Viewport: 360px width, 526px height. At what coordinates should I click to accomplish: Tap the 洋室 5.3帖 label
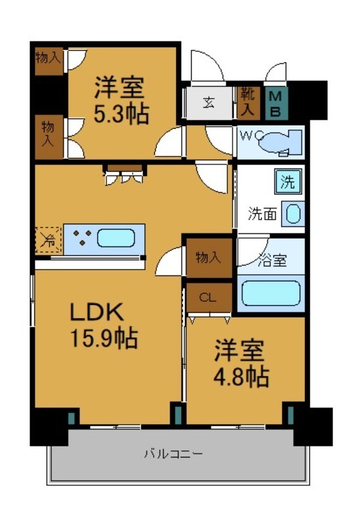[120, 101]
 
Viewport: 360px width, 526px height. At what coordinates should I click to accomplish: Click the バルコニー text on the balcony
[173, 454]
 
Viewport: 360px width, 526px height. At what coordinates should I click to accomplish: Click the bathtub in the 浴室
[271, 293]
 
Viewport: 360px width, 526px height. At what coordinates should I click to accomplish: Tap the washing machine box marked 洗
[288, 181]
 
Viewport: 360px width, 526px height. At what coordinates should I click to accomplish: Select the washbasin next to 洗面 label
[292, 213]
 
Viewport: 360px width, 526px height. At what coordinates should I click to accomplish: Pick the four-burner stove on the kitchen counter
[82, 238]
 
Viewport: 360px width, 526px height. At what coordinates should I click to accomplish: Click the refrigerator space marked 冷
[49, 239]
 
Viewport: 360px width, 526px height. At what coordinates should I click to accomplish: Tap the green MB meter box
[276, 103]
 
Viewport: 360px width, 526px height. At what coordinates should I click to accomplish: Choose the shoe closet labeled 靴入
[248, 102]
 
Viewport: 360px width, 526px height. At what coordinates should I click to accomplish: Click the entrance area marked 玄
[208, 103]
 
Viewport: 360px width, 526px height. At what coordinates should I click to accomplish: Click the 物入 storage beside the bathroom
[208, 257]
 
